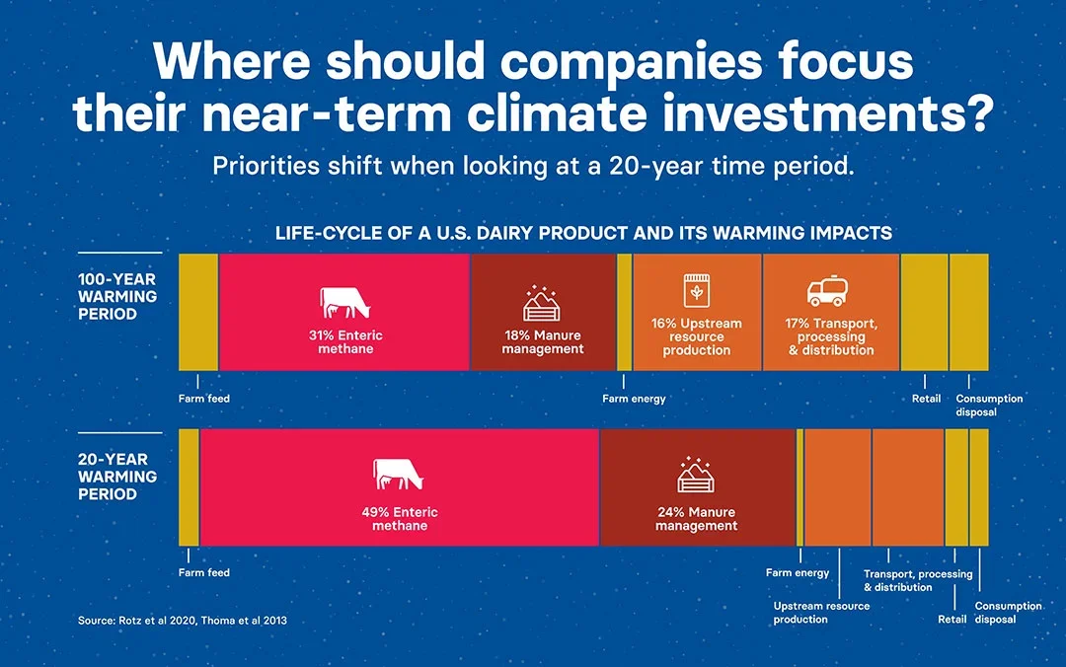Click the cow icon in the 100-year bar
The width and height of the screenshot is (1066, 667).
pyautogui.click(x=345, y=303)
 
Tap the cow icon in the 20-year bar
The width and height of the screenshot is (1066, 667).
pyautogui.click(x=399, y=474)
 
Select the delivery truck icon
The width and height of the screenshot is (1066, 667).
pyautogui.click(x=827, y=291)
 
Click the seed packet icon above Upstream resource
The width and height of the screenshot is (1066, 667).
pyautogui.click(x=697, y=290)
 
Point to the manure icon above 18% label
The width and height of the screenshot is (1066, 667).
pyautogui.click(x=542, y=303)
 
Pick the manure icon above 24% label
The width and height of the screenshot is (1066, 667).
pyautogui.click(x=696, y=475)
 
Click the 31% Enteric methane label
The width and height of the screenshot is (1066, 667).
pyautogui.click(x=345, y=342)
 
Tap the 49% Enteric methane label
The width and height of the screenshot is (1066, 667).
pyautogui.click(x=400, y=519)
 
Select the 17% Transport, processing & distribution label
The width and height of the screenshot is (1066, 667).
pyautogui.click(x=831, y=336)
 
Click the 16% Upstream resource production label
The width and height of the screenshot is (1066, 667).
pyautogui.click(x=696, y=336)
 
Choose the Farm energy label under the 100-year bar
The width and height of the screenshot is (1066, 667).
pyautogui.click(x=634, y=399)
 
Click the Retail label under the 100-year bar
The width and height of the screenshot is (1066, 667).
pyautogui.click(x=926, y=399)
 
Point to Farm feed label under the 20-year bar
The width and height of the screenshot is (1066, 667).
pyautogui.click(x=204, y=572)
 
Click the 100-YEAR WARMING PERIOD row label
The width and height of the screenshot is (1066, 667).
pyautogui.click(x=116, y=296)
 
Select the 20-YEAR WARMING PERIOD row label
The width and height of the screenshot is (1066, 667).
pyautogui.click(x=116, y=477)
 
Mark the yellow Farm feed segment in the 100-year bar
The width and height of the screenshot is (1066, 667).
pyautogui.click(x=198, y=312)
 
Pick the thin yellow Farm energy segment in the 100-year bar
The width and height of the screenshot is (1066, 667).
pyautogui.click(x=624, y=312)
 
